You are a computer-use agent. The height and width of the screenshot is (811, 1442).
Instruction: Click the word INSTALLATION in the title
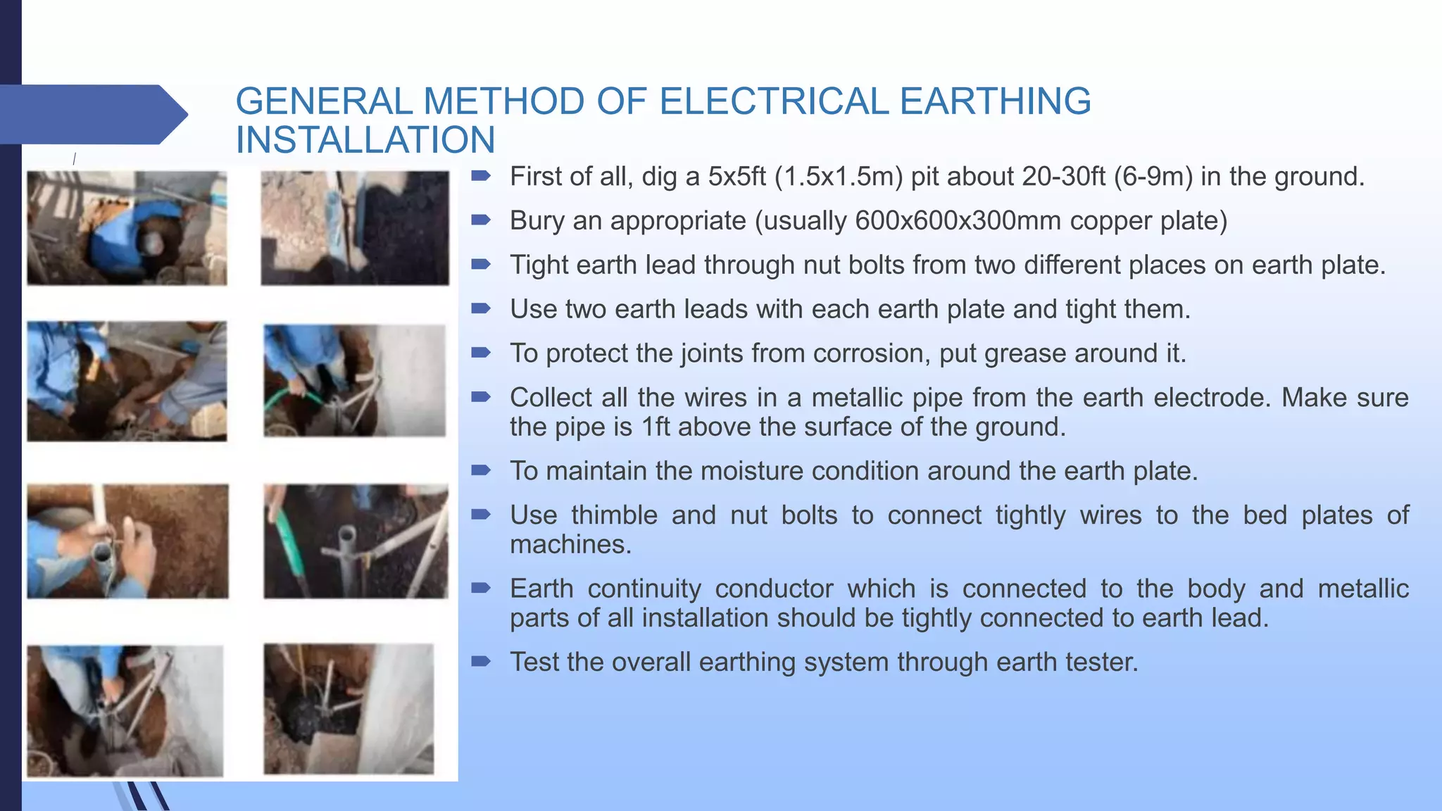365,139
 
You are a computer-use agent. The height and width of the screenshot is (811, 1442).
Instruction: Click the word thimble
614,515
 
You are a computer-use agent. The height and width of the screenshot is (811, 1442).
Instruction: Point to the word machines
570,545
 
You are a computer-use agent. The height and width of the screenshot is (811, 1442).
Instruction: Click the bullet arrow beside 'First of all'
481,176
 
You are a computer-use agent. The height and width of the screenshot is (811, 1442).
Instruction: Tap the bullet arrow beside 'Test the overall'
481,662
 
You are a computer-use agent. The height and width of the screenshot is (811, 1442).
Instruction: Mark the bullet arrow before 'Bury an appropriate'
481,220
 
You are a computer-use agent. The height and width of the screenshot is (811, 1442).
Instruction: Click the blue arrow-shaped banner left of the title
92,114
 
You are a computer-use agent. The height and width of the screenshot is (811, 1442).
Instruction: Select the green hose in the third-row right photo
291,542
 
